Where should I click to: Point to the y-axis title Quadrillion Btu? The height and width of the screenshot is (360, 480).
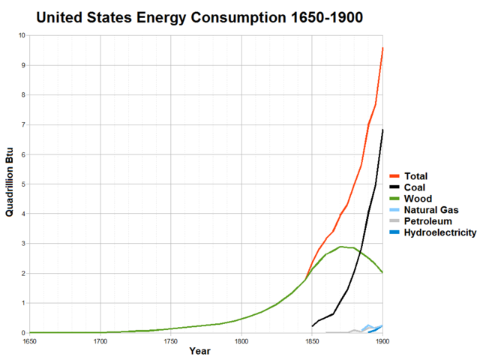pyautogui.click(x=10, y=184)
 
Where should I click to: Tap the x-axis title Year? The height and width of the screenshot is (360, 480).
pyautogui.click(x=199, y=351)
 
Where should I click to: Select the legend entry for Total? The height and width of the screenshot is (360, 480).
pyautogui.click(x=415, y=176)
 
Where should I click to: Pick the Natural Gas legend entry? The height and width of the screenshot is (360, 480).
pyautogui.click(x=430, y=210)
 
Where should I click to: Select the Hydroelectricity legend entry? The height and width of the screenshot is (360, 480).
pyautogui.click(x=439, y=232)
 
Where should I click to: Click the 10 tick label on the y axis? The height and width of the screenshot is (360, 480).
pyautogui.click(x=22, y=35)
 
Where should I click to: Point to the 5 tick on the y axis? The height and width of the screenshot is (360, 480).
pyautogui.click(x=23, y=184)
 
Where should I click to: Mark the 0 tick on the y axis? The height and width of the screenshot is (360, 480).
pyautogui.click(x=23, y=332)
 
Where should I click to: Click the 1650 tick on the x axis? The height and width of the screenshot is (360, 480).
pyautogui.click(x=29, y=341)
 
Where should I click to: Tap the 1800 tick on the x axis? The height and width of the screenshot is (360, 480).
pyautogui.click(x=241, y=341)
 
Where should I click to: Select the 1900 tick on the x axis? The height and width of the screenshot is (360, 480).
pyautogui.click(x=382, y=341)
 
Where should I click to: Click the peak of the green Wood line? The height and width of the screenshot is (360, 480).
pyautogui.click(x=340, y=247)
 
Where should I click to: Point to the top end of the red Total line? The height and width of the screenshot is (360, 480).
pyautogui.click(x=382, y=48)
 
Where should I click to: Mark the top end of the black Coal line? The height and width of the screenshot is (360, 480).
pyautogui.click(x=382, y=130)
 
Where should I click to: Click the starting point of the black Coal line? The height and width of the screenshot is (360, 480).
pyautogui.click(x=312, y=325)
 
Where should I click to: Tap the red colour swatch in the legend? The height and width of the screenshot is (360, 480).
pyautogui.click(x=393, y=176)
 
